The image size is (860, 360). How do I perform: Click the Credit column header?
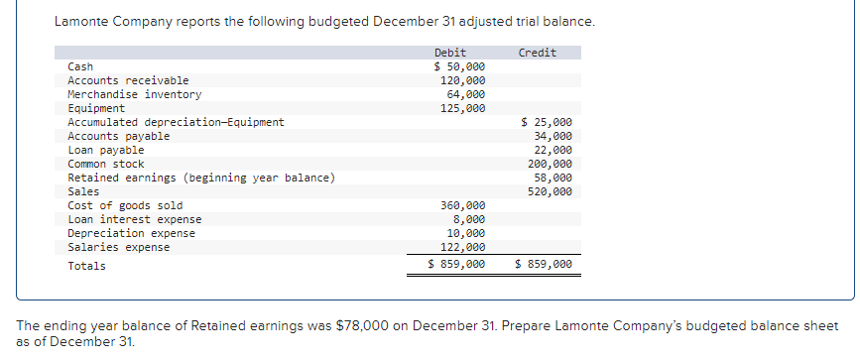point(537,53)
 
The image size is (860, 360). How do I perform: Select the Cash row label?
point(80,66)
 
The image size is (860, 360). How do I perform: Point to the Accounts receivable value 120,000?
point(462,80)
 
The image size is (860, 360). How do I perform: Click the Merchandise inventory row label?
point(134,94)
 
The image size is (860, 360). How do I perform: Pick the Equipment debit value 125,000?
point(462,108)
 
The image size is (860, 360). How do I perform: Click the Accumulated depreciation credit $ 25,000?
point(547,122)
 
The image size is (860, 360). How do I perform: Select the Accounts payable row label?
point(118,136)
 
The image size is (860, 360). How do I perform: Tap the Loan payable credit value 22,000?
point(553,150)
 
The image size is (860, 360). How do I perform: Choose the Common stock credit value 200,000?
point(550,164)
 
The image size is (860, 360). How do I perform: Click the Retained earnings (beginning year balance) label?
point(200,178)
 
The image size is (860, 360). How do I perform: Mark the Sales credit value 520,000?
point(550,191)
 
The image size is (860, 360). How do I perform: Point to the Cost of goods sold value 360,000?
point(462,205)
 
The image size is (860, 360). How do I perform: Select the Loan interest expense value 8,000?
point(468,219)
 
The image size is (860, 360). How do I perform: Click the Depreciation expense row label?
point(131,233)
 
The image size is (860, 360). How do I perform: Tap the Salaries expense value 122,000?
point(462,247)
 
